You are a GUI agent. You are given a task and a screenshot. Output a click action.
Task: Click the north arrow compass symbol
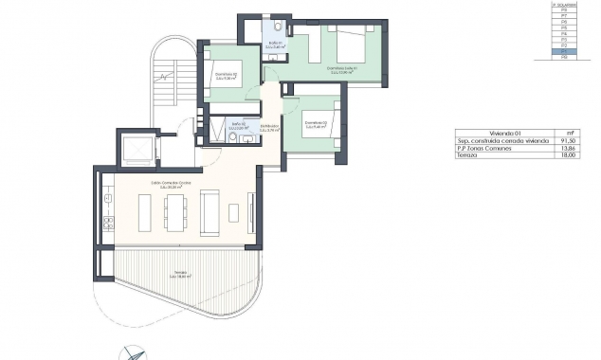133,352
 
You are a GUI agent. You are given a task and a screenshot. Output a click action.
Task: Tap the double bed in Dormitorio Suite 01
346,45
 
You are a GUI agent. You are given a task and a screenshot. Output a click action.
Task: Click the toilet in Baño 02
233,135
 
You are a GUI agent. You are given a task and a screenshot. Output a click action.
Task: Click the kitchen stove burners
107,224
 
